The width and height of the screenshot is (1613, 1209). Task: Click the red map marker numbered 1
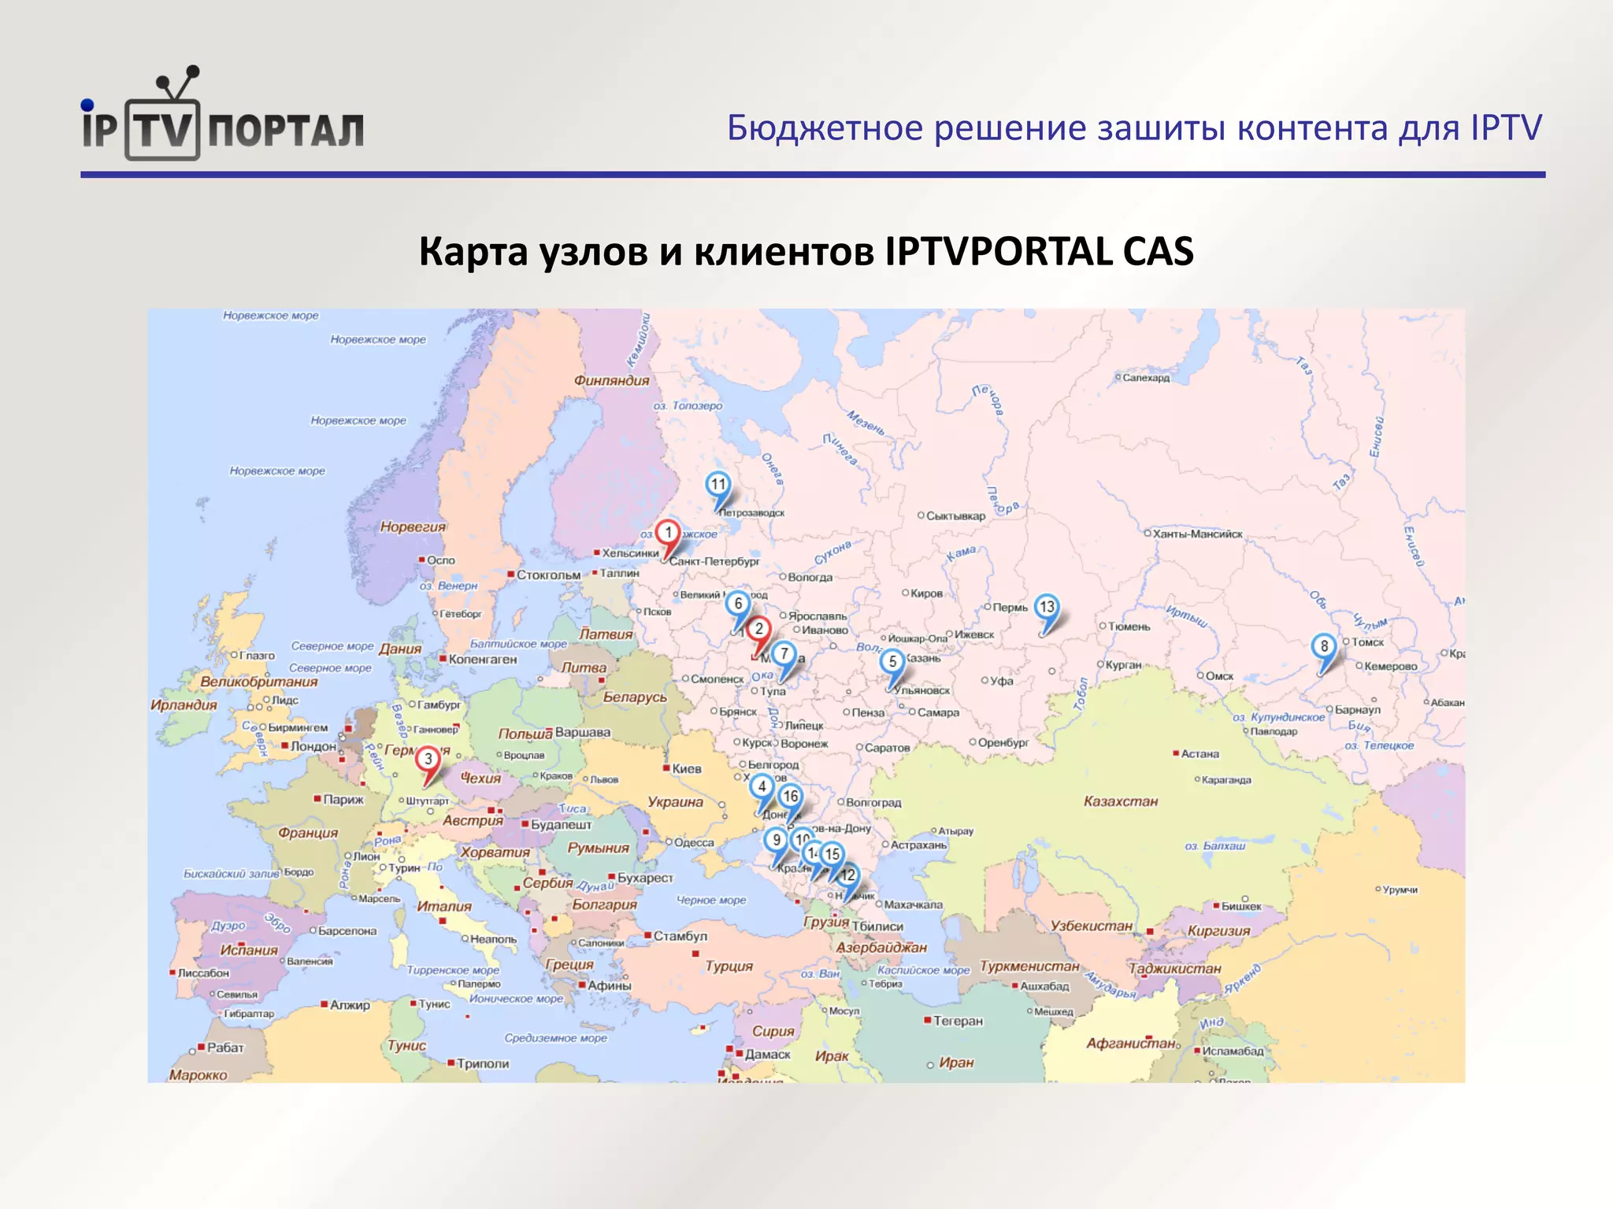click(668, 534)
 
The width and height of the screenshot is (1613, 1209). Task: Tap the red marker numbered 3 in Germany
click(428, 760)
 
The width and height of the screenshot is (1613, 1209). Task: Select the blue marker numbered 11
click(718, 485)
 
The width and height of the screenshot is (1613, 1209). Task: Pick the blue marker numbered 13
click(1046, 607)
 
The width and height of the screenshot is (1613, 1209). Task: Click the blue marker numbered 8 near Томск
click(1324, 647)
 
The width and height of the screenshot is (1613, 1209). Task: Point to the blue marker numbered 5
click(892, 662)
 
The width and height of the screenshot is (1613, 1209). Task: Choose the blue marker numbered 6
click(737, 604)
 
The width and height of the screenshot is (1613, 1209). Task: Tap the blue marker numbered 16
click(790, 797)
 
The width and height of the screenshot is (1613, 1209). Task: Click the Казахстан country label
click(1120, 801)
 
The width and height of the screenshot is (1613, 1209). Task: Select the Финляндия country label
click(611, 381)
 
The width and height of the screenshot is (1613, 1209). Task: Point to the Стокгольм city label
click(548, 575)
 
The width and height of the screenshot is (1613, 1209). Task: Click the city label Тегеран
click(958, 1021)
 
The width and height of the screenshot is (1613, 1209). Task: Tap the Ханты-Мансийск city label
click(1197, 534)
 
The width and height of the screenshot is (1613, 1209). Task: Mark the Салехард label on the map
click(1146, 378)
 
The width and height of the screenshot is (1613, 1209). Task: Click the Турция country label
click(729, 966)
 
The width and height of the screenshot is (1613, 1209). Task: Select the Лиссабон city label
click(203, 973)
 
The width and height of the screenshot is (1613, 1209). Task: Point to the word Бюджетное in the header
click(825, 128)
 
